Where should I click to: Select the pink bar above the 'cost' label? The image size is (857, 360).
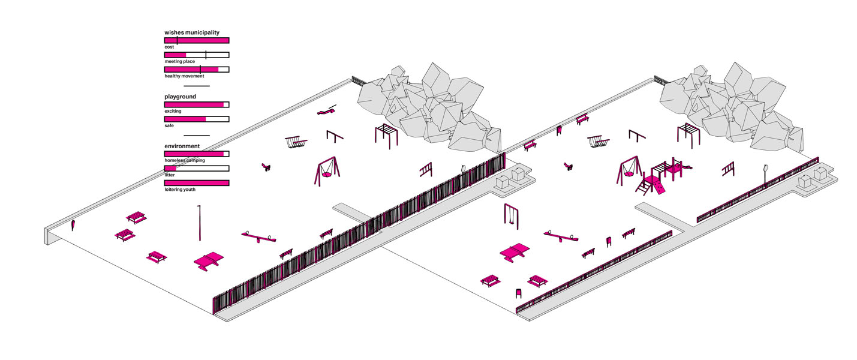[x=197, y=40]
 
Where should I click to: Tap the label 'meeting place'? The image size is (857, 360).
[x=180, y=61]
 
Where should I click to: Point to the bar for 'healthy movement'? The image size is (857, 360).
[x=197, y=70]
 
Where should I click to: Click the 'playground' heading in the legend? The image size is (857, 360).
[x=180, y=97]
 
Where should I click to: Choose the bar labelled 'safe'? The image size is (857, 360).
[x=197, y=119]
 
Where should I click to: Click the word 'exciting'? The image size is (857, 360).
[x=173, y=111]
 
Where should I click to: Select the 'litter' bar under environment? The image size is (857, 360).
[x=197, y=169]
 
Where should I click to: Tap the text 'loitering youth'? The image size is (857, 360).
[x=181, y=190]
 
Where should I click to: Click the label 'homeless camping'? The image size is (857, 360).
[x=185, y=161]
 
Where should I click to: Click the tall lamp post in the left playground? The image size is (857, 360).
[x=200, y=222]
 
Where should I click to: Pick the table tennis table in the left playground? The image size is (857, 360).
[x=208, y=261]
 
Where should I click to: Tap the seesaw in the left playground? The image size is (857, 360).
[x=259, y=237]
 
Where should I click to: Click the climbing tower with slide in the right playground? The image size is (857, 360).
[x=662, y=176]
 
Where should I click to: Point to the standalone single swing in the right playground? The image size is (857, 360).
[x=510, y=216]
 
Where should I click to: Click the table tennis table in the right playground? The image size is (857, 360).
[x=515, y=252]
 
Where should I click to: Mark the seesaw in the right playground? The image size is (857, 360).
[x=561, y=236]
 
